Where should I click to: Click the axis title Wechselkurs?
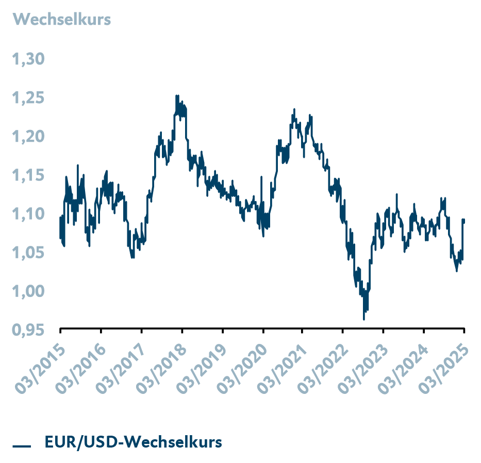tap(62, 20)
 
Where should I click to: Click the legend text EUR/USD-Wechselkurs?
tap(133, 442)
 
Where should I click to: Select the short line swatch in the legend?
tap(23, 444)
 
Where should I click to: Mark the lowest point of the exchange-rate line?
tap(364, 320)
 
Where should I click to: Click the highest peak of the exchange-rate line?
tap(176, 95)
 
